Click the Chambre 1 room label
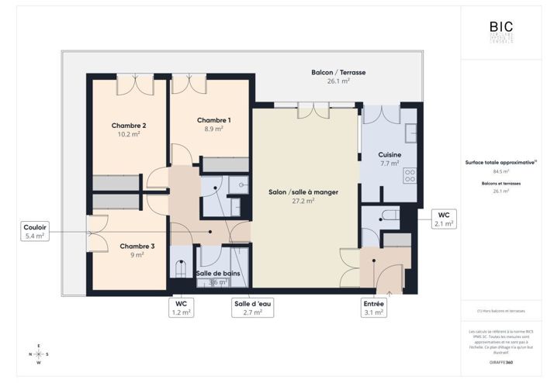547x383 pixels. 213,120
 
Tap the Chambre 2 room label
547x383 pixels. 129,126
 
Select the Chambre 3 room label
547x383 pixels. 137,247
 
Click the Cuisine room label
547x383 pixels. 389,155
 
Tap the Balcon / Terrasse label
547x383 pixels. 338,72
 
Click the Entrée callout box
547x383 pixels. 373,308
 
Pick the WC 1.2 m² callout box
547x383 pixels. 180,308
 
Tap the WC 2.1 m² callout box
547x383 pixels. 444,219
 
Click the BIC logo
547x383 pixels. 500,28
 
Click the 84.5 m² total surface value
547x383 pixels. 500,171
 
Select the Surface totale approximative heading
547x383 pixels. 500,163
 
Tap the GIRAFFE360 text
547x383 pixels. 500,361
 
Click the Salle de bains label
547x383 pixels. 216,274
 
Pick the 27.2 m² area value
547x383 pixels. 303,200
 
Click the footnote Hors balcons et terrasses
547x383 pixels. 500,311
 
